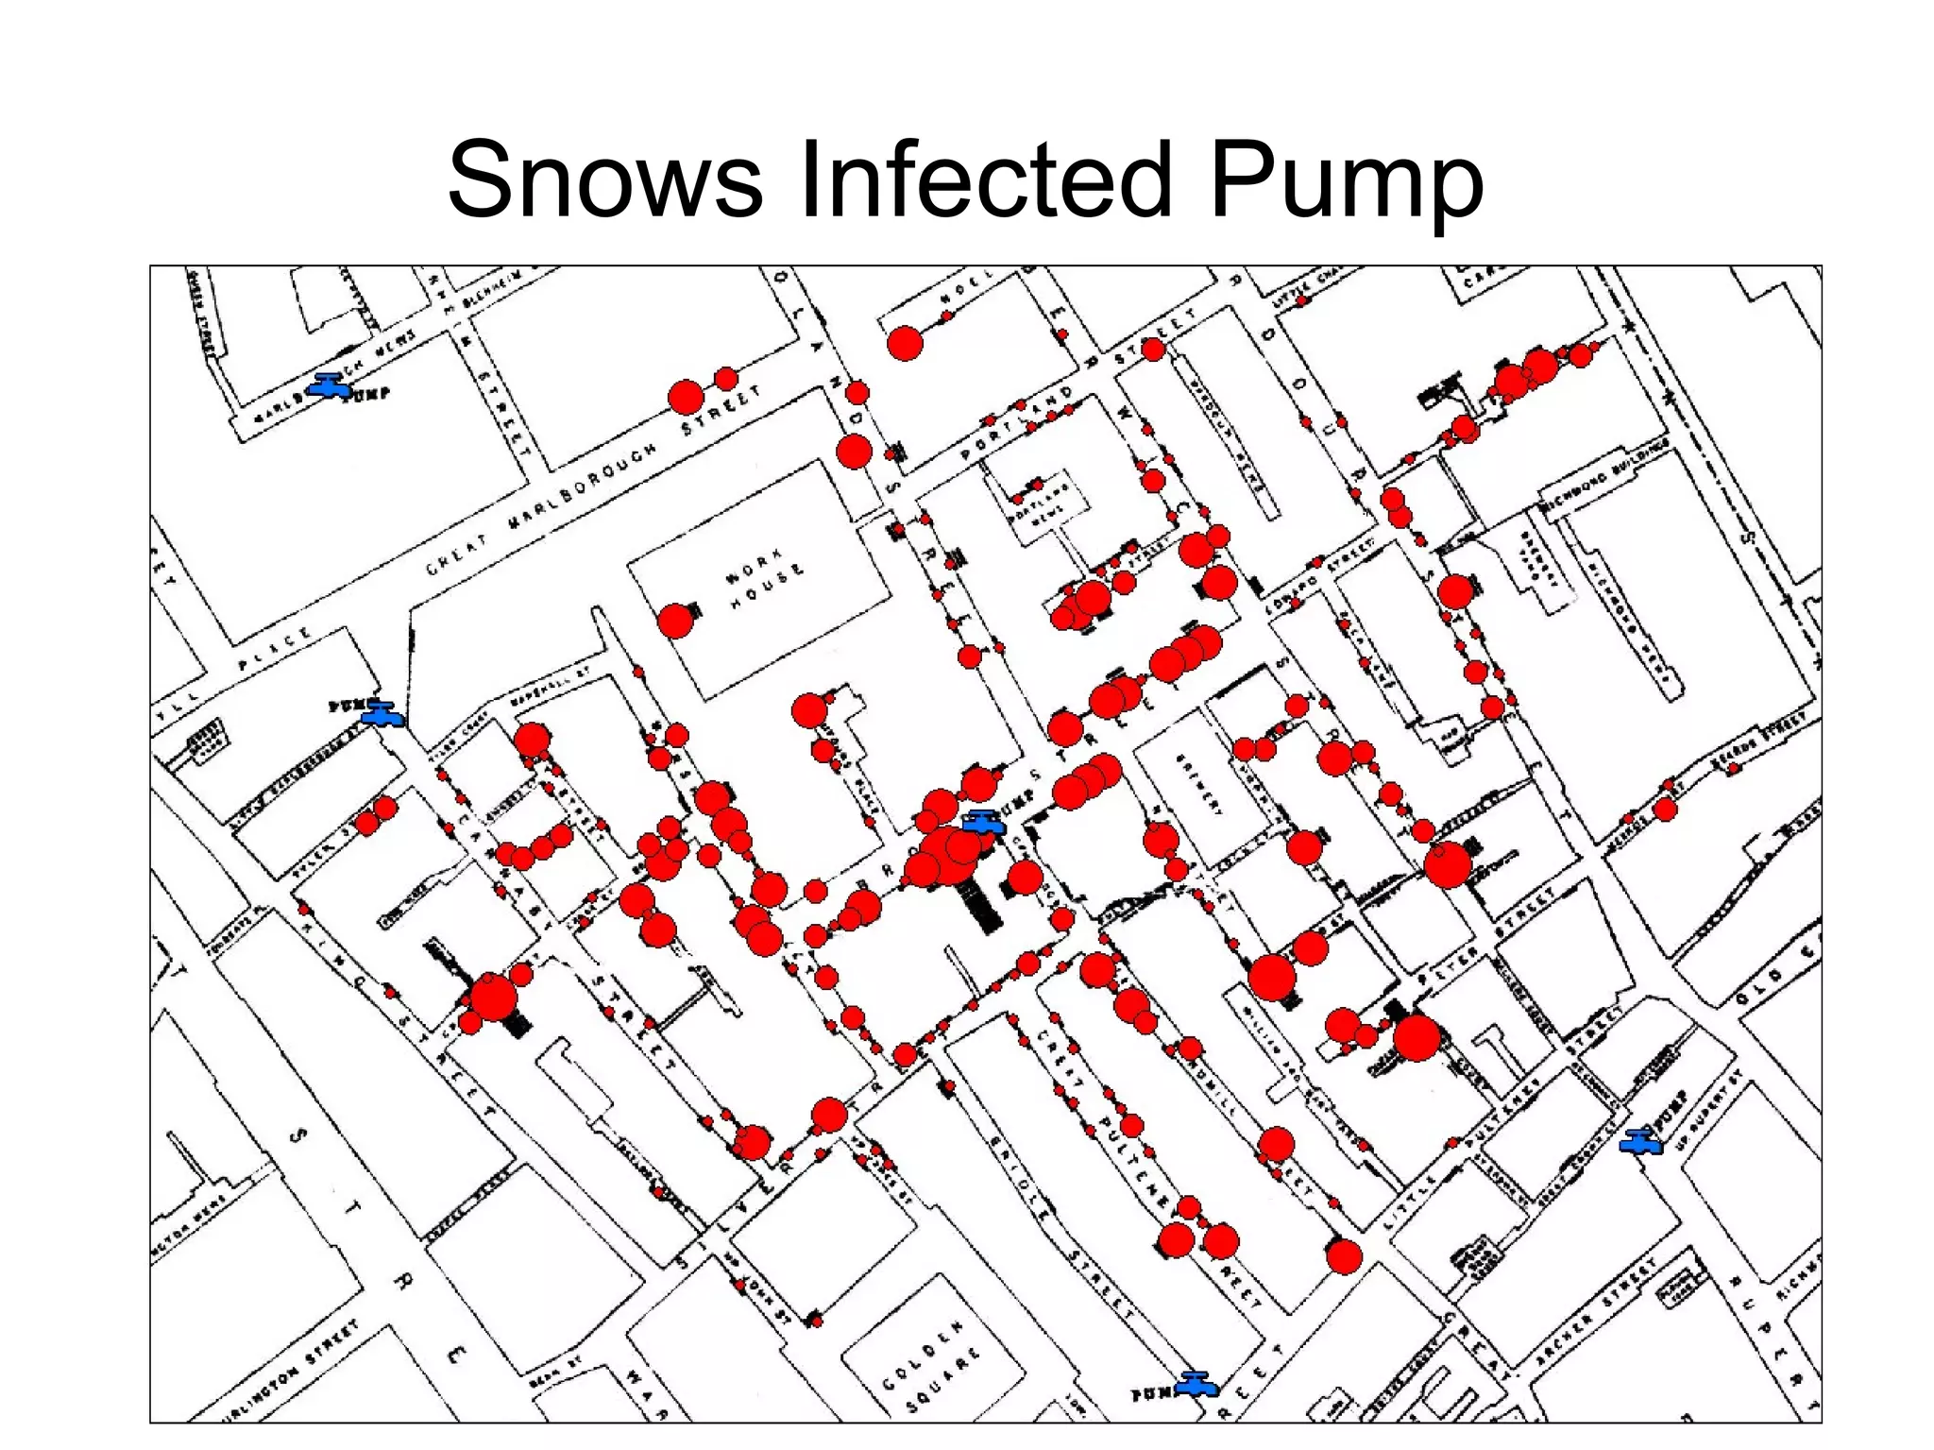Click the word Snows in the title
(604, 179)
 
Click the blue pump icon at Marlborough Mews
(330, 385)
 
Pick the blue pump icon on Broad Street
(983, 821)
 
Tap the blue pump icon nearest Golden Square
(1195, 1384)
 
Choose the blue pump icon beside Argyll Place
(382, 713)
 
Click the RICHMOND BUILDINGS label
(1604, 476)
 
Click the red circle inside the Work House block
(675, 621)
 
